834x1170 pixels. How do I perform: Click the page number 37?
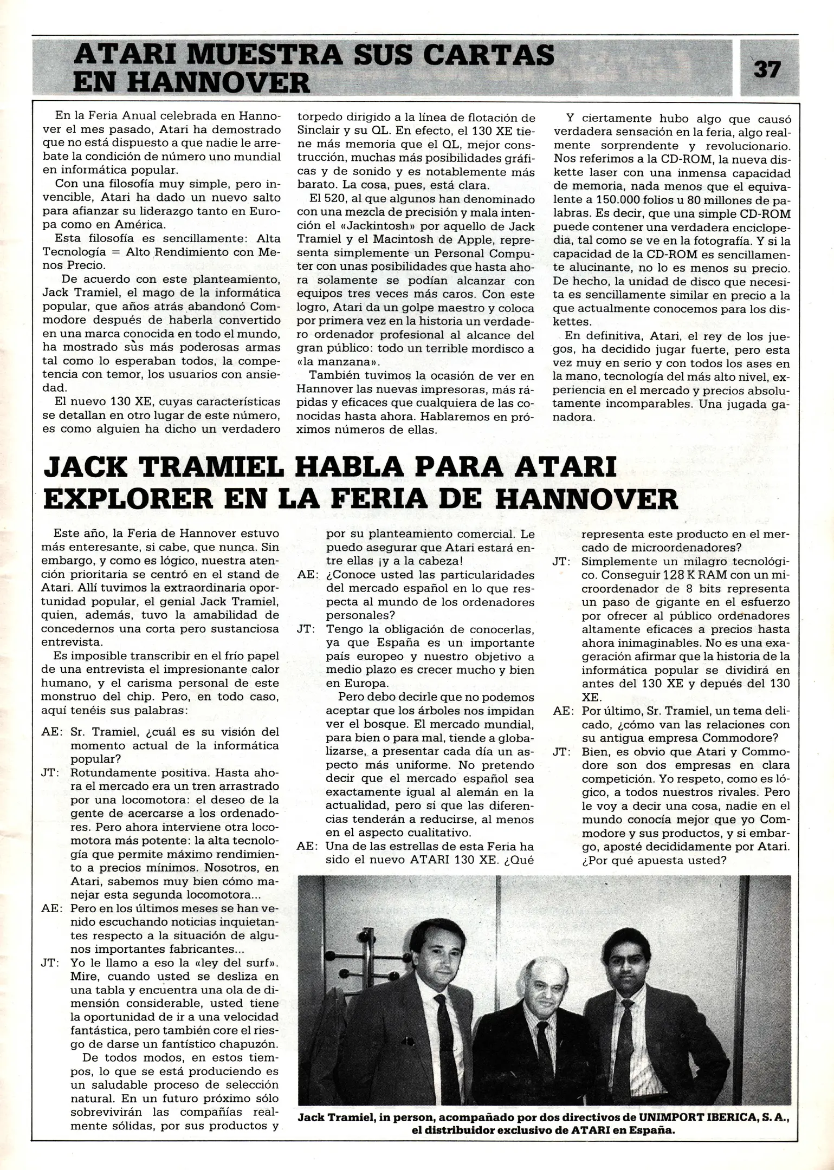pyautogui.click(x=767, y=69)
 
